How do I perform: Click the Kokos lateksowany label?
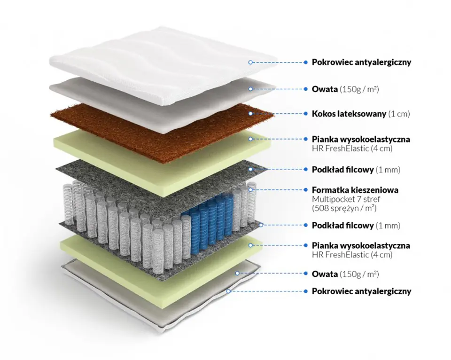click(349, 114)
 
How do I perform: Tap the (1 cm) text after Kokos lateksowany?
click(399, 114)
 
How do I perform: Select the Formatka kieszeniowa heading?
click(355, 190)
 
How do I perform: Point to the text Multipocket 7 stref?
click(344, 199)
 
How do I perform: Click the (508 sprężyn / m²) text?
click(345, 208)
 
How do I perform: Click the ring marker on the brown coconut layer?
click(251, 113)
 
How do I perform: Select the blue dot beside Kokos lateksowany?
click(306, 114)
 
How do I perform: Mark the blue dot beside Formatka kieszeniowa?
click(306, 190)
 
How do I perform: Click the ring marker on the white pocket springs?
click(251, 190)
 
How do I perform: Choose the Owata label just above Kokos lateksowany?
click(325, 88)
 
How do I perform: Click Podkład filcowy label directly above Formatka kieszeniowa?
click(343, 169)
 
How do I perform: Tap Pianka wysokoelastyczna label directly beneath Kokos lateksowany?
click(361, 139)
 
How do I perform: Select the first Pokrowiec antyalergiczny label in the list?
click(361, 62)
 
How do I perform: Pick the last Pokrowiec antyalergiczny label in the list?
click(361, 291)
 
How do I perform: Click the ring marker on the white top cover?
click(251, 62)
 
